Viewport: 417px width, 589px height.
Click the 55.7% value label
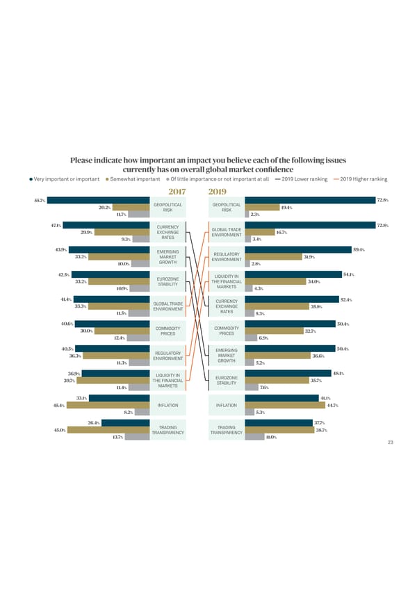(x=39, y=201)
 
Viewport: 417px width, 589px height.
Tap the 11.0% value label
(x=270, y=437)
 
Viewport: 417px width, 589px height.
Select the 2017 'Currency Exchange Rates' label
(x=168, y=232)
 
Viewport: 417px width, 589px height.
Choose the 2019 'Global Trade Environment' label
(x=226, y=232)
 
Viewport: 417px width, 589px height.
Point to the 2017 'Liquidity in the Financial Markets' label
(x=168, y=381)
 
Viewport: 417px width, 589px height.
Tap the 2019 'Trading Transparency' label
(x=226, y=430)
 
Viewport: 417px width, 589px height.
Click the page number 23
(x=391, y=442)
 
